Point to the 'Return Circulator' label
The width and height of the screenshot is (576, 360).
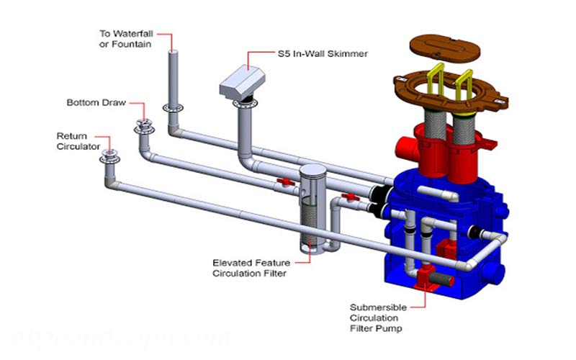[x=74, y=141]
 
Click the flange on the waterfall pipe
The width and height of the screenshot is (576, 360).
[x=172, y=107]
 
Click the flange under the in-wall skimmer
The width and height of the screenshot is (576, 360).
[x=243, y=106]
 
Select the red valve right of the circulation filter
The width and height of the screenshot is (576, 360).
[x=351, y=195]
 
